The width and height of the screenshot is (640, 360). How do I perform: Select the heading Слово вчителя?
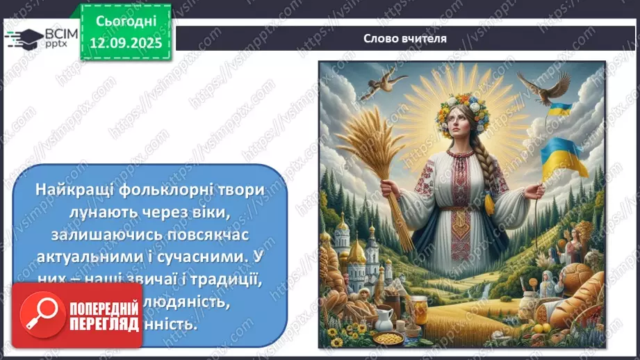[x=404, y=38]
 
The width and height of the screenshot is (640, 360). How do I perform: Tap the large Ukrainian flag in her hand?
[x=565, y=156]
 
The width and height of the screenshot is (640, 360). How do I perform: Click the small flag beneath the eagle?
[x=560, y=110]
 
